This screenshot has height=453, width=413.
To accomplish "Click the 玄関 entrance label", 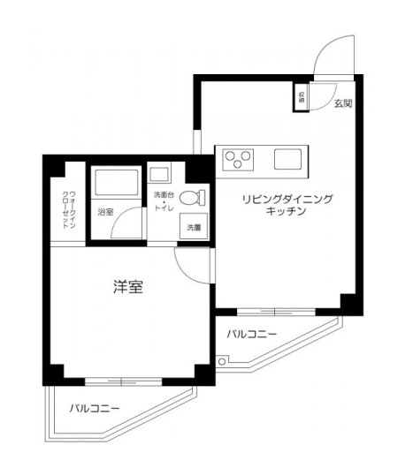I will pos(343,103).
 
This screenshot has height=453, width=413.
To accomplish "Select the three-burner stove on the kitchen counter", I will pos(238,160).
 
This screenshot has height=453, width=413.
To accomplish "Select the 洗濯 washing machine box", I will pos(194,228).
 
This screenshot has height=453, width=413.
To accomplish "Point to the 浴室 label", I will pos(105,212).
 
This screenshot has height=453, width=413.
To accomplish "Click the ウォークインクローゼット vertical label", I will pos(67,211).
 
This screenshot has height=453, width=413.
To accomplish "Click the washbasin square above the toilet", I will pos(159,173).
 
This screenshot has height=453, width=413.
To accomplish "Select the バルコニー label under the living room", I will pos(251,335).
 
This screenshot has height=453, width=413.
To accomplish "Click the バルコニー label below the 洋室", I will pos(95,408).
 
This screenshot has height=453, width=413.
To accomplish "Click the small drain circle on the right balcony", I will pos(222,359).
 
